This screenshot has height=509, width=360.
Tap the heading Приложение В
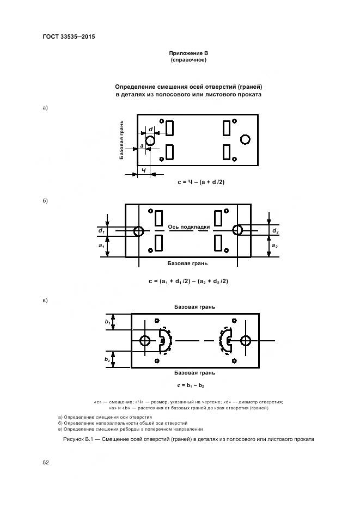(x=188, y=53)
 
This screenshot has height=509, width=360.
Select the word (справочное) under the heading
(x=188, y=60)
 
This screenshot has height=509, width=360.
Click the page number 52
(x=46, y=462)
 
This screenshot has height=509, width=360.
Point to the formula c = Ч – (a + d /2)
(x=201, y=182)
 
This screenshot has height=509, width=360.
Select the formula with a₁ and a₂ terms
(x=188, y=281)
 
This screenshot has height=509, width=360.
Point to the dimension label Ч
(x=143, y=170)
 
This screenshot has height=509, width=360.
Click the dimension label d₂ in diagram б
(x=275, y=231)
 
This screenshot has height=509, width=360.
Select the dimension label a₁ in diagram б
(x=101, y=246)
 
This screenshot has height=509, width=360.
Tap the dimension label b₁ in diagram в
(x=108, y=322)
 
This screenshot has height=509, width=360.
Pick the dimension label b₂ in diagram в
(x=108, y=360)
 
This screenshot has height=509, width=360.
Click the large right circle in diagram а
(x=245, y=139)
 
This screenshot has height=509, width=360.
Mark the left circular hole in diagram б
(x=138, y=231)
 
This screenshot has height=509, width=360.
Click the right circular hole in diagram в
(x=246, y=341)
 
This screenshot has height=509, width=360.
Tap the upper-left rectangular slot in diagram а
(x=169, y=128)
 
